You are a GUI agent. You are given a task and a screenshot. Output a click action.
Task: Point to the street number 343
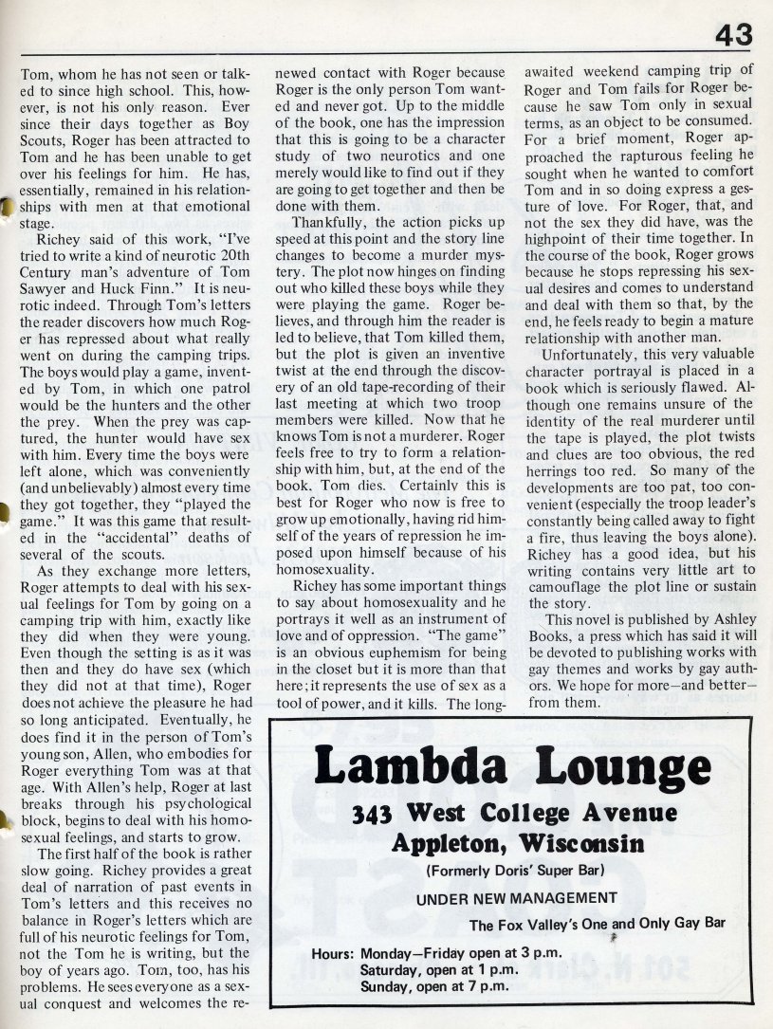click(x=366, y=814)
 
